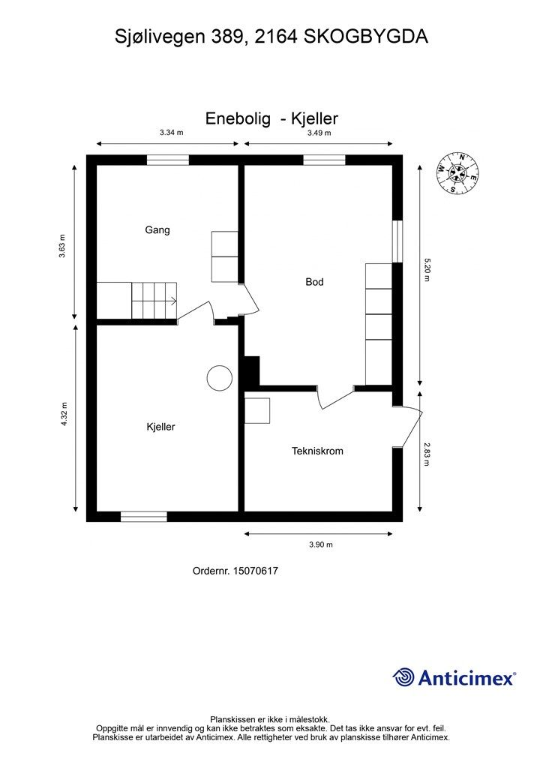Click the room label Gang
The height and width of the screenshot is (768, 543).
coord(157,230)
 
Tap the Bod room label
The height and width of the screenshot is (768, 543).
coord(314,282)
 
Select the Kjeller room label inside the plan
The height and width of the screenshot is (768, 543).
coord(160,427)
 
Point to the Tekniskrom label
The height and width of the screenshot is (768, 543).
coord(317,451)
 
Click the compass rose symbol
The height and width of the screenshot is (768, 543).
coord(457,173)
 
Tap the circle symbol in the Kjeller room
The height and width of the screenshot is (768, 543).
coord(220,377)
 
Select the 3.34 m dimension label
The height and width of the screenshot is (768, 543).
coord(172,133)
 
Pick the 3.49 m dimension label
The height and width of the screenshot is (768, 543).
coord(319,133)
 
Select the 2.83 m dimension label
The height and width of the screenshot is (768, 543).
coord(427,454)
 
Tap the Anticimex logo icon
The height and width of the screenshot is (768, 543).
coord(404,676)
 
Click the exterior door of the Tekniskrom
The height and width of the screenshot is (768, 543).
coord(409,427)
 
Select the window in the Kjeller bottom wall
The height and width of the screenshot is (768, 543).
coord(144,516)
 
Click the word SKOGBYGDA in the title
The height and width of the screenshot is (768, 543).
coord(365,36)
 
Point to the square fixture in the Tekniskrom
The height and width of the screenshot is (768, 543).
coord(257,410)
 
